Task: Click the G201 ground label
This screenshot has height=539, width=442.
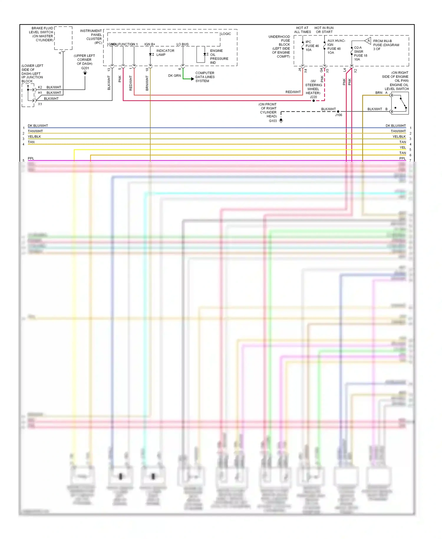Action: click(85, 68)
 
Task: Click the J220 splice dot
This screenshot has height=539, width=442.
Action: click(314, 101)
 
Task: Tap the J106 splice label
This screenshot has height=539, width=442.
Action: click(339, 115)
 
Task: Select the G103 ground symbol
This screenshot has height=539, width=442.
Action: click(281, 120)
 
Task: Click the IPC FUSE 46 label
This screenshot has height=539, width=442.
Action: click(312, 46)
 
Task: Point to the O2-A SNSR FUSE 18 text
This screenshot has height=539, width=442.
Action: click(360, 53)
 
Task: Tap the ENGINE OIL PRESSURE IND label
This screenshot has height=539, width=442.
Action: click(219, 57)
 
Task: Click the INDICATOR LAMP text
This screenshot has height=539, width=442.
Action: click(165, 52)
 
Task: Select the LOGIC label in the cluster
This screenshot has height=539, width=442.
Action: click(226, 34)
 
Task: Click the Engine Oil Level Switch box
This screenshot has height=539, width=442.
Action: click(400, 103)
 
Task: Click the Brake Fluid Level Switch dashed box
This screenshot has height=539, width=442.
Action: click(63, 38)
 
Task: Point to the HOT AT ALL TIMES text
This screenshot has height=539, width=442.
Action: click(302, 30)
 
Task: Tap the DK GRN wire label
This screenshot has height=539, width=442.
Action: click(174, 76)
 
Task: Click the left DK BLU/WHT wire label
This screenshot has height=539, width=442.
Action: click(38, 126)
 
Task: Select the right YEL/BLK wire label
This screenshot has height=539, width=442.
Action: click(399, 137)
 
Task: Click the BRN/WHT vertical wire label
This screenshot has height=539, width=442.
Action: click(147, 83)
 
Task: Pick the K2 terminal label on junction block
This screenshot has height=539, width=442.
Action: click(40, 87)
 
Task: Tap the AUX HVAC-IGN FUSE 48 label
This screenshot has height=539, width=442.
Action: click(336, 47)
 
